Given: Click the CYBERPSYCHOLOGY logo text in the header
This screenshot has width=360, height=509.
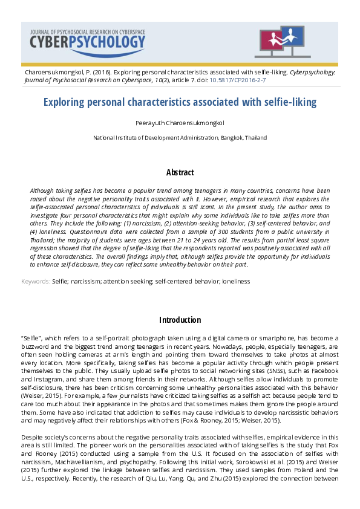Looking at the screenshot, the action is tap(88, 41).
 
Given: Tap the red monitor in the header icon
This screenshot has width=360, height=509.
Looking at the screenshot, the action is tap(270, 40).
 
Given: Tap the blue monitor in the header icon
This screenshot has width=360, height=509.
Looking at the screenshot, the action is tap(293, 37).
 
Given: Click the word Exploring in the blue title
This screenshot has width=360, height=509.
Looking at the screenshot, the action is tap(67, 102).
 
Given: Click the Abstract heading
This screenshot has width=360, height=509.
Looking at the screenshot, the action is tap(180, 173).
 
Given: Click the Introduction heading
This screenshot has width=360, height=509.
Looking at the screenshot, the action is tap(180, 320).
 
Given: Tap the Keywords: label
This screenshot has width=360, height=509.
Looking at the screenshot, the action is tap(36, 282).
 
